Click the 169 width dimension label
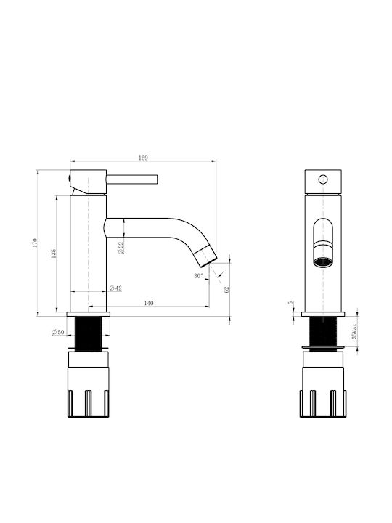(x=143, y=158)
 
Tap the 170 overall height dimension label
(x=35, y=243)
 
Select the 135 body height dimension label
(x=54, y=254)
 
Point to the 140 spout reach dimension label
(x=149, y=303)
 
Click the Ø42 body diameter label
(x=115, y=288)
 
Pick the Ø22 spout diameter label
(x=121, y=248)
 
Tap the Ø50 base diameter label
(x=57, y=332)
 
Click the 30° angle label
(x=198, y=276)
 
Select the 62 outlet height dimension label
(x=227, y=290)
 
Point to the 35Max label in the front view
(x=354, y=331)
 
